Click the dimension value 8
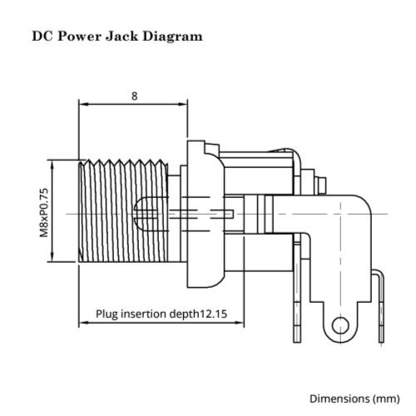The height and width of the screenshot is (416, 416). pos(134,95)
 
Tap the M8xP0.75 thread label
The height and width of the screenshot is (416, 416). pos(43,211)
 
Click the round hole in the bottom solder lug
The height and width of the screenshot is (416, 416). pos(339,325)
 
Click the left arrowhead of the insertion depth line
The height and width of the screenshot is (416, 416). pos(83,323)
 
